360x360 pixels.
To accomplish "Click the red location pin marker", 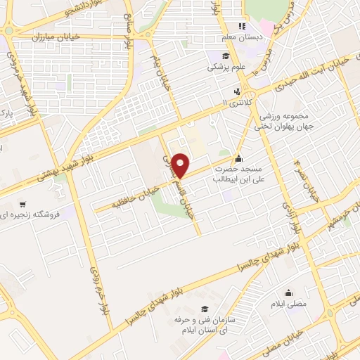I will (181, 165).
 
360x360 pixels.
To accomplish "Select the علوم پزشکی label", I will (224, 67).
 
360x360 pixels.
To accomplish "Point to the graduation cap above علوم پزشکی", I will (224, 56).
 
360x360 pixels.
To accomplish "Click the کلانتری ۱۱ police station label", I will (236, 103).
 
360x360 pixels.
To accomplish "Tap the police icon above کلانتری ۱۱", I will (237, 91).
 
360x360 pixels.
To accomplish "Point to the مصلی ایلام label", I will (288, 304).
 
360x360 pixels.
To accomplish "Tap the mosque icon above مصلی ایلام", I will (288, 292).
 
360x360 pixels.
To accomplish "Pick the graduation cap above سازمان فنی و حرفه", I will (204, 309).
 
